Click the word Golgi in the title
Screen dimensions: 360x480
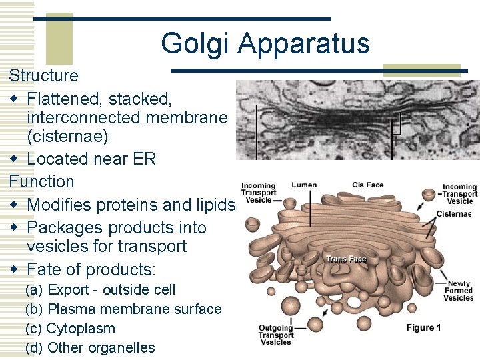pos(195,44)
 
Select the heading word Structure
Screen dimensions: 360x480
pos(43,76)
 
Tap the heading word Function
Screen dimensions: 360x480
pos(41,181)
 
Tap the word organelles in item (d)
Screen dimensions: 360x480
pos(120,348)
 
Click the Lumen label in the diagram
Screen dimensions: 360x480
pos(304,185)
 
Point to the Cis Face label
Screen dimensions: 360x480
pos(367,185)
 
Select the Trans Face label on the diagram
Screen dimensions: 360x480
pos(346,259)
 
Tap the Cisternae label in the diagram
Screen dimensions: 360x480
pos(454,214)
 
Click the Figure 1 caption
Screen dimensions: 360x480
pos(424,327)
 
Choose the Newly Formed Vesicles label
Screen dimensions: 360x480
pos(459,290)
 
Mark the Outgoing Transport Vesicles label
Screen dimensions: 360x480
pos(276,335)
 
